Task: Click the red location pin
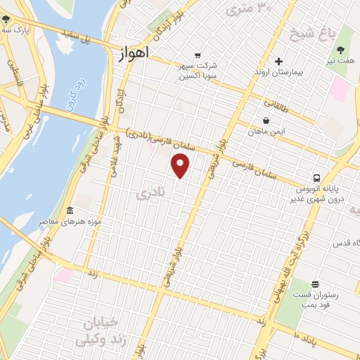coord(181,166)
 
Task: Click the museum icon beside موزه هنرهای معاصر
coord(70,211)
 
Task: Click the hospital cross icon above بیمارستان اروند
coord(278,61)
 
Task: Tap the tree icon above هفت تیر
coord(341,50)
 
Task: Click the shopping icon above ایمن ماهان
coord(266,120)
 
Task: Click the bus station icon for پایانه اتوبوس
coord(317,178)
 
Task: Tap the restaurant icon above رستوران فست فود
coord(314,284)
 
